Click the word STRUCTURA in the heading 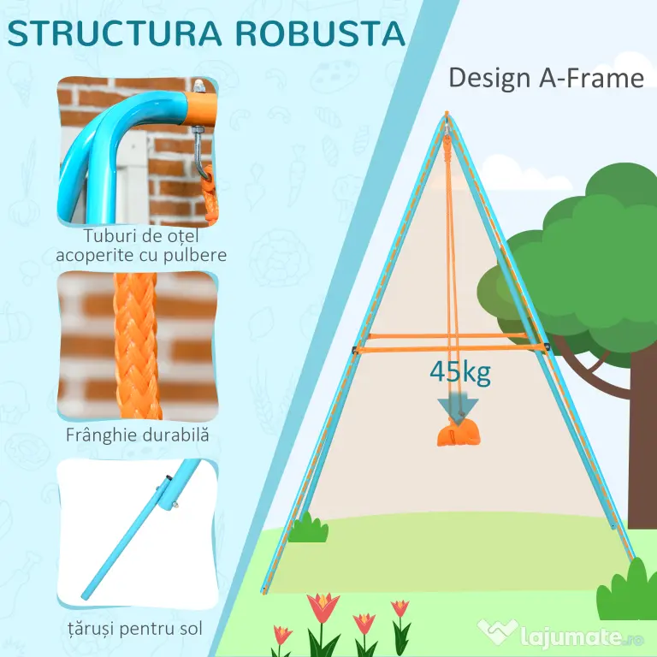[x=114, y=33]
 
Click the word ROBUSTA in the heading [x=321, y=33]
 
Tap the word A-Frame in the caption [x=591, y=78]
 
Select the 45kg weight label [x=460, y=371]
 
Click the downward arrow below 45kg [x=458, y=409]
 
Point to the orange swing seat [x=458, y=434]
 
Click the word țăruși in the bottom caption [x=89, y=629]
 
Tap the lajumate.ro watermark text [x=582, y=637]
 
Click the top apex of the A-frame [x=447, y=113]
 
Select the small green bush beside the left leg [x=308, y=528]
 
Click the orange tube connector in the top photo [x=200, y=108]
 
